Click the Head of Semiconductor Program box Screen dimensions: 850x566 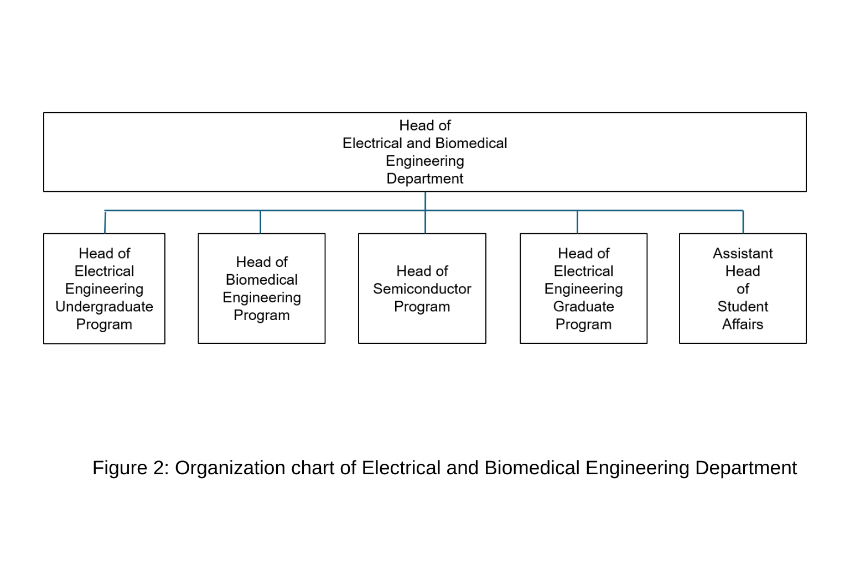(x=422, y=289)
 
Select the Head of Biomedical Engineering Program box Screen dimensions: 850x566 (x=261, y=289)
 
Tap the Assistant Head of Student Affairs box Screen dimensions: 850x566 (x=743, y=289)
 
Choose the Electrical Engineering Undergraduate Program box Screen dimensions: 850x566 (x=105, y=289)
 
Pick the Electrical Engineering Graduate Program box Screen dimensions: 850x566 (x=584, y=289)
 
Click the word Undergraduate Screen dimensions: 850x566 (x=105, y=306)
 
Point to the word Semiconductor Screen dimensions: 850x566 (x=422, y=289)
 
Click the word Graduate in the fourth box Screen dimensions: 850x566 (x=584, y=306)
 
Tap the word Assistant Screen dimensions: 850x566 (x=743, y=253)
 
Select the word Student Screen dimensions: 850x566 (x=743, y=306)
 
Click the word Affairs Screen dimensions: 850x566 (x=743, y=324)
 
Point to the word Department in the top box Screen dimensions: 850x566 (x=425, y=179)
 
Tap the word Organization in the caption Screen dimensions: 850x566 (x=230, y=468)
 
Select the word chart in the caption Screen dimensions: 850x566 (x=313, y=468)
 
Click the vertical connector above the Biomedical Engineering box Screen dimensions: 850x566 (x=260, y=222)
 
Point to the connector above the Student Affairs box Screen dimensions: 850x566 (x=743, y=222)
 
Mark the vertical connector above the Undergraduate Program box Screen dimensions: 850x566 (x=105, y=222)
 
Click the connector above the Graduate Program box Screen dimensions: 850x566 (x=577, y=222)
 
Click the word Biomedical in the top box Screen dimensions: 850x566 (x=471, y=143)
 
